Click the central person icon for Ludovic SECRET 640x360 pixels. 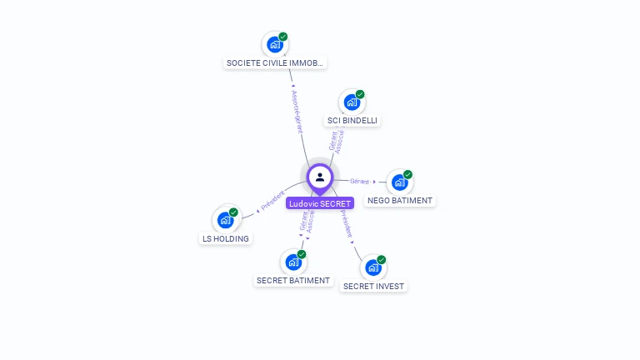(x=320, y=177)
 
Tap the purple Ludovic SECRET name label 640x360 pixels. (x=320, y=203)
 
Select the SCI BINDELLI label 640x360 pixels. (x=352, y=121)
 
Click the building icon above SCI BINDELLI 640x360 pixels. (x=352, y=102)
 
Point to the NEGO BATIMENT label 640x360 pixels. (x=400, y=201)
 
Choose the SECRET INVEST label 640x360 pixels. (x=373, y=287)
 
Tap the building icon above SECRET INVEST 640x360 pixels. (x=372, y=268)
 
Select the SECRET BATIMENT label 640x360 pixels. (x=293, y=281)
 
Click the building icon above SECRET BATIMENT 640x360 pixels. (x=292, y=262)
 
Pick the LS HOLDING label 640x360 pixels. (x=225, y=239)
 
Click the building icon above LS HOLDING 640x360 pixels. (x=225, y=220)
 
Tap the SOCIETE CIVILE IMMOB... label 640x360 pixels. (x=275, y=63)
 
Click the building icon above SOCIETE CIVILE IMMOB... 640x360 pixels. (x=274, y=44)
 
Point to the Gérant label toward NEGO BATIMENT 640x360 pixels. (x=359, y=181)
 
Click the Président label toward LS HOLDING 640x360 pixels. (x=272, y=201)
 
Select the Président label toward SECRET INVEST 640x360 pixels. (x=346, y=223)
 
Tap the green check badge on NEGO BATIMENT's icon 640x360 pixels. (x=407, y=174)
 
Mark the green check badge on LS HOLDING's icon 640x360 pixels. (x=233, y=212)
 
